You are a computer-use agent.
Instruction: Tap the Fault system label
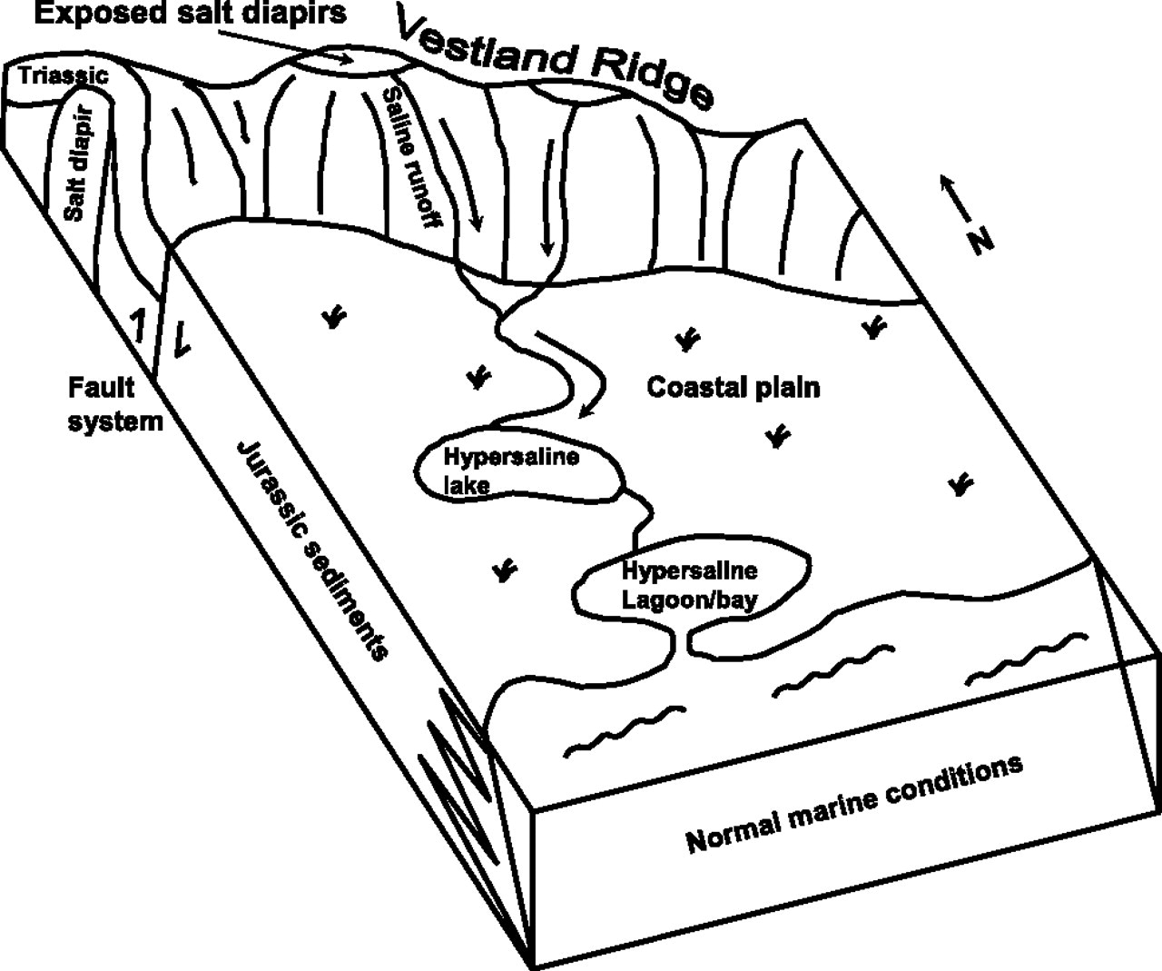116,404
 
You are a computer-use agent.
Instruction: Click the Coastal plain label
733,388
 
